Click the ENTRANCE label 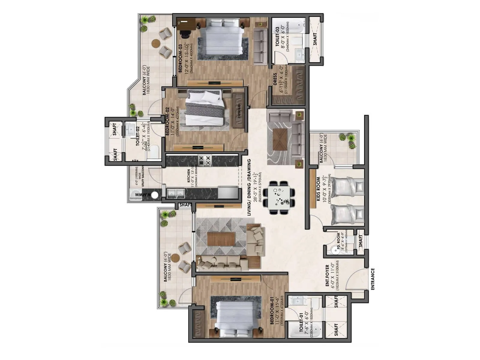click(x=373, y=279)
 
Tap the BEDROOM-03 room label click(x=181, y=58)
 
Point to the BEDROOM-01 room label click(x=272, y=311)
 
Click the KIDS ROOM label click(x=318, y=189)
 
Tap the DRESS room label click(x=275, y=79)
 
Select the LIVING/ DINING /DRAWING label click(x=249, y=187)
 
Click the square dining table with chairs click(x=279, y=198)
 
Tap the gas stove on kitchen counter click(x=205, y=160)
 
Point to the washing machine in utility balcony click(x=154, y=195)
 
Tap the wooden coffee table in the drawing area click(x=221, y=238)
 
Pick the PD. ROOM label click(x=339, y=242)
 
